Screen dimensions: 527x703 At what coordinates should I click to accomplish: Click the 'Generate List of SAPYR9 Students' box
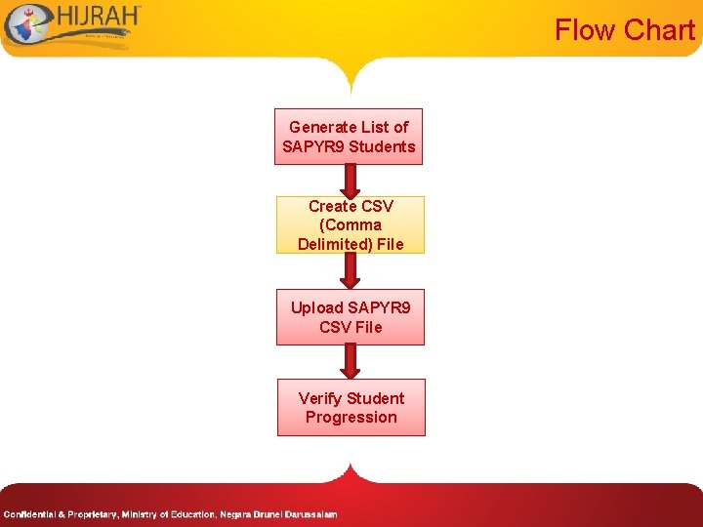[349, 137]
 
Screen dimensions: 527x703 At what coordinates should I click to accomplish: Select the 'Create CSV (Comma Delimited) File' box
[351, 224]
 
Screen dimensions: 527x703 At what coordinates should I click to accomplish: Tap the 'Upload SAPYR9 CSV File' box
[351, 317]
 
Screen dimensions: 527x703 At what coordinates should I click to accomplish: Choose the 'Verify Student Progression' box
[351, 407]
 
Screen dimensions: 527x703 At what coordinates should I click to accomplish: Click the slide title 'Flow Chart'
[624, 30]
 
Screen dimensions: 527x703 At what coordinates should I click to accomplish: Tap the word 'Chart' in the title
[660, 30]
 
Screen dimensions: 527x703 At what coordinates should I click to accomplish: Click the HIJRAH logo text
[98, 20]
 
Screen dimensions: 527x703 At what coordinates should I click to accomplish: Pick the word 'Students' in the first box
[382, 147]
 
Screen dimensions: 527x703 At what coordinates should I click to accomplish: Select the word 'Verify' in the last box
[319, 398]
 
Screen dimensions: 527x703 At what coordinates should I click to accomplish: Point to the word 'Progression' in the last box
[351, 418]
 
